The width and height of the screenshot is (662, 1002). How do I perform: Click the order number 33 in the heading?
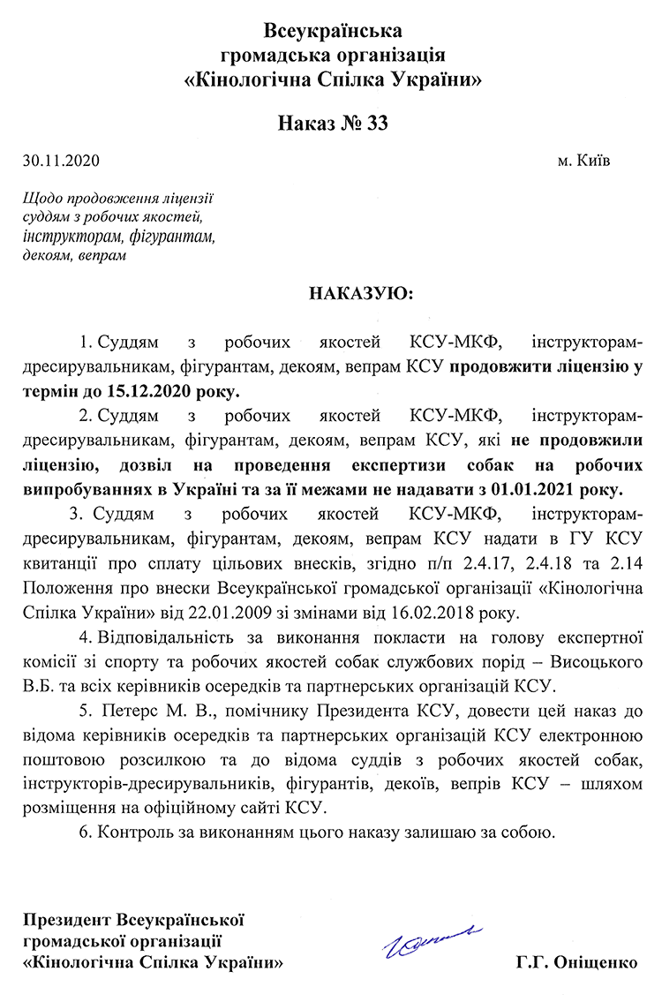tap(373, 123)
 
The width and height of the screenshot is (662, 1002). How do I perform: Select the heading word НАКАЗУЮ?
tap(360, 292)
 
